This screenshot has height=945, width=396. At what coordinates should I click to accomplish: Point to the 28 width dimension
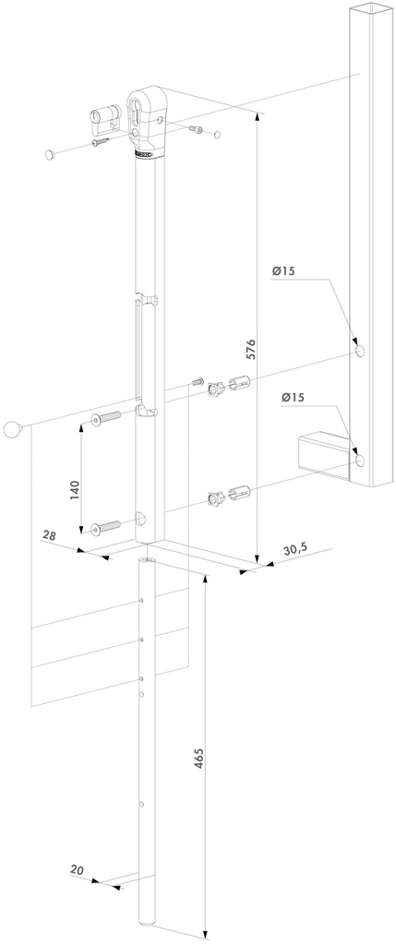(x=50, y=535)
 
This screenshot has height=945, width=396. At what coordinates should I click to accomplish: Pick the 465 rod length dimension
(x=198, y=759)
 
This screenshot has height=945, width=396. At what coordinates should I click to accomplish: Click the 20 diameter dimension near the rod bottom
(x=77, y=870)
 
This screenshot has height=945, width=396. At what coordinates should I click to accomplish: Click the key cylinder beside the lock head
(x=105, y=118)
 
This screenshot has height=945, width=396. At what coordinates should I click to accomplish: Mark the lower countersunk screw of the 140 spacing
(x=105, y=527)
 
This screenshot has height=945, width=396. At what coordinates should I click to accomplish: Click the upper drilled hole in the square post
(x=360, y=351)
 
